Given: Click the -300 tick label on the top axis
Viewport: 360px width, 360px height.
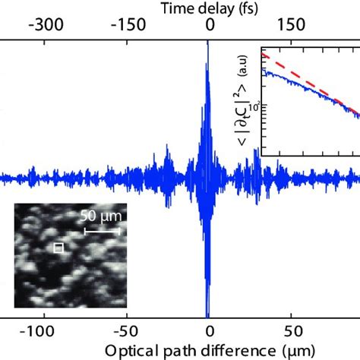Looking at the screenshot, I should (x=45, y=25).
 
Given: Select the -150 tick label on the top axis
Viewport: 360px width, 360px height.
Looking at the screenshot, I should (x=127, y=25).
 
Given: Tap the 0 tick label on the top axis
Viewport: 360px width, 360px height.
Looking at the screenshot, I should (x=210, y=25).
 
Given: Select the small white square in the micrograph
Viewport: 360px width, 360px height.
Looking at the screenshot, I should (x=57, y=248).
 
